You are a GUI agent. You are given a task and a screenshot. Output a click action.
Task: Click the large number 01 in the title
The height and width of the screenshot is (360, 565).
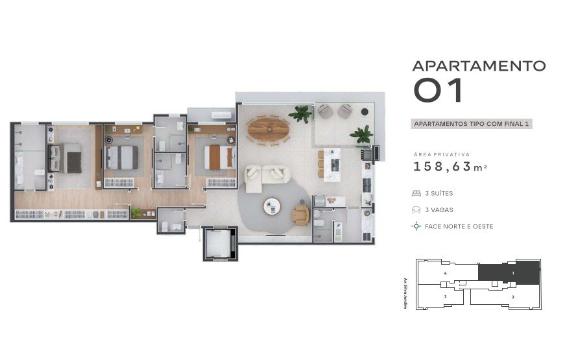438,90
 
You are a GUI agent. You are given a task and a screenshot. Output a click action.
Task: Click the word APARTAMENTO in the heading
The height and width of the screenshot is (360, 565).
479,66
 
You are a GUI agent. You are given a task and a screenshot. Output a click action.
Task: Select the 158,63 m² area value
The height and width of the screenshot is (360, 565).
450,167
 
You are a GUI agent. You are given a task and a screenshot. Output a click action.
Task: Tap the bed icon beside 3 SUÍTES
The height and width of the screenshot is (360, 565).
416,193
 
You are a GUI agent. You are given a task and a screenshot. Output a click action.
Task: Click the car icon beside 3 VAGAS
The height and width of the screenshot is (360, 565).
416,210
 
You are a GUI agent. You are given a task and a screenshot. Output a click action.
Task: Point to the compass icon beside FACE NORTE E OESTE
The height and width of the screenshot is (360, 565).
416,226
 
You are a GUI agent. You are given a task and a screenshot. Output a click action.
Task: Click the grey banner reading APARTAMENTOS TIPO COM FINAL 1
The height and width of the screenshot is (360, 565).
472,124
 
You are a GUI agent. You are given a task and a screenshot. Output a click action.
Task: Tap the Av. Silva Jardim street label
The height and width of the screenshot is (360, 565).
405,293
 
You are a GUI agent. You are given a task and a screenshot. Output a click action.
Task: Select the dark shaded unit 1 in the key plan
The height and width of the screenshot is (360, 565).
509,273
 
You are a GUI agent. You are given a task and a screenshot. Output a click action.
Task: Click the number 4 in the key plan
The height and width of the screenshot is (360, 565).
446,273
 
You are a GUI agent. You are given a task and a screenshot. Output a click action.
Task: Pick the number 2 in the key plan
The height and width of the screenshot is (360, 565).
513,297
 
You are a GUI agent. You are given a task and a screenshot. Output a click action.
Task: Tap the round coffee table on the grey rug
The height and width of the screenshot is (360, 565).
272,206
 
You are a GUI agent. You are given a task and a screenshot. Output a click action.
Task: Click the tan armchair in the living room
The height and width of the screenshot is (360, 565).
300,215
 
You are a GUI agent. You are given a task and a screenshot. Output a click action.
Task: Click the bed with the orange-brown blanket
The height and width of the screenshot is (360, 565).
219,157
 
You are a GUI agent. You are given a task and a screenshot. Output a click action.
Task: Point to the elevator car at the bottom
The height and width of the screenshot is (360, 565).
219,243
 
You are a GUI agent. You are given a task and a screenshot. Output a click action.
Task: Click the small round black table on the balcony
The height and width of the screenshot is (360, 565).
365,112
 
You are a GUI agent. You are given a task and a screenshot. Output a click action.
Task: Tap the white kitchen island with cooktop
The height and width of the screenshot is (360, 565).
332,164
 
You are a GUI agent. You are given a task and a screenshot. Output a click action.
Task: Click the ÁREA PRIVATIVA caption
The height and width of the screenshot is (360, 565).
442,154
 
